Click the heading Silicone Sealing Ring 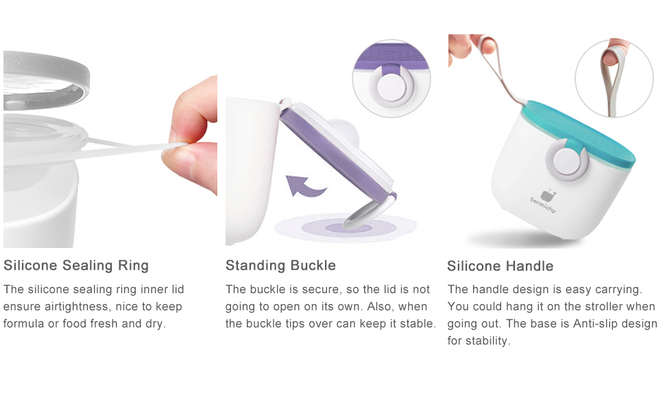(x=76, y=265)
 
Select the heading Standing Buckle (x=281, y=265)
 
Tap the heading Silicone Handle (x=500, y=266)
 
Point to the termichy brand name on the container (x=543, y=205)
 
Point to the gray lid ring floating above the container (x=46, y=81)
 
